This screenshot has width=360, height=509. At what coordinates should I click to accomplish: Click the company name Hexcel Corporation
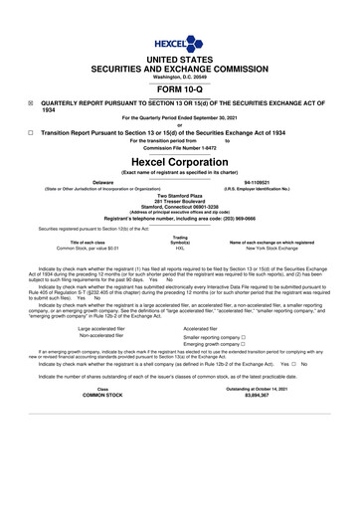[x=179, y=160]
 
